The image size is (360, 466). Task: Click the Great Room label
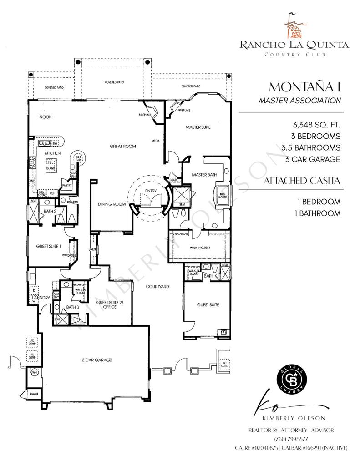tap(121, 147)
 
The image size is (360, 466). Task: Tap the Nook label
tap(45, 117)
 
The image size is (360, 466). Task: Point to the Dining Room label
tap(112, 204)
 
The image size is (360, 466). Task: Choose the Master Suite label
tap(198, 127)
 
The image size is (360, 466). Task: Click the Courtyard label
tap(157, 287)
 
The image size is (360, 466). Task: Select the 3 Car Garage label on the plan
tap(97, 360)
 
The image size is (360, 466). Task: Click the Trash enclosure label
tap(34, 394)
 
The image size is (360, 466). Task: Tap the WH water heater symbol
tap(34, 373)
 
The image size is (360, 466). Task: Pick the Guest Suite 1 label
tap(49, 246)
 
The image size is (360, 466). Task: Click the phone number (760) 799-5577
tap(291, 439)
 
